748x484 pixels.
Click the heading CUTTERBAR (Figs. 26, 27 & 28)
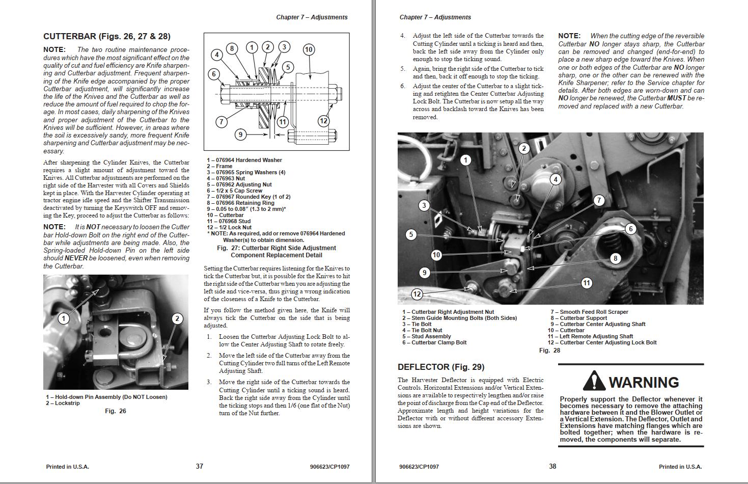[x=107, y=37]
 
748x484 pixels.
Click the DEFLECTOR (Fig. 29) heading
[x=441, y=367]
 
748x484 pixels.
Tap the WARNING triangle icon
[x=594, y=382]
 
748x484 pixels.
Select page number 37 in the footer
[x=200, y=466]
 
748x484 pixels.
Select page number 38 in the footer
[x=552, y=466]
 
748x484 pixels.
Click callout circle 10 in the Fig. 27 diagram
[x=309, y=49]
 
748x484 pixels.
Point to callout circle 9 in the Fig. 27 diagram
[x=240, y=135]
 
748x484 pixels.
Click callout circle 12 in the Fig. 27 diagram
[x=323, y=121]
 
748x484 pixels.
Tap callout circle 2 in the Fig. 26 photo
[x=177, y=319]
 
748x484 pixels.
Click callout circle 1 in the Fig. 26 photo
[x=64, y=319]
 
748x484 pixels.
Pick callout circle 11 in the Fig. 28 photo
[x=587, y=283]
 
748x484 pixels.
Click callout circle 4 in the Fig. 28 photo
[x=556, y=179]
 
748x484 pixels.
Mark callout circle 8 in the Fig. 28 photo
[x=615, y=258]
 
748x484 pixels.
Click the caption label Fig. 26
[x=115, y=411]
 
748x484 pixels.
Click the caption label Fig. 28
[x=549, y=351]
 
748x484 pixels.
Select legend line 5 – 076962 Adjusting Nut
[x=239, y=184]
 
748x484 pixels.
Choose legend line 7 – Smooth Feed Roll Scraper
[x=589, y=312]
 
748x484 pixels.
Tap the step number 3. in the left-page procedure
[x=209, y=382]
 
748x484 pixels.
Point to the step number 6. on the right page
[x=402, y=86]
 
